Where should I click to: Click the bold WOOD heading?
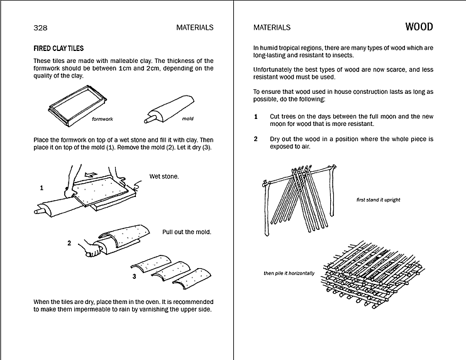pos(419,27)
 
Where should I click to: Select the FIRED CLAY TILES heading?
pos(58,48)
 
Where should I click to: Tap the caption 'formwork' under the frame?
pos(102,118)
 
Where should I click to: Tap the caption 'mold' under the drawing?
pos(188,118)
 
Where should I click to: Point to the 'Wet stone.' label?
pos(164,176)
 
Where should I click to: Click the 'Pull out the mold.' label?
pos(187,232)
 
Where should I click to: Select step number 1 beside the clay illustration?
pos(42,188)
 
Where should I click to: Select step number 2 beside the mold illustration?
pos(69,242)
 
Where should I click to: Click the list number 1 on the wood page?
pos(256,117)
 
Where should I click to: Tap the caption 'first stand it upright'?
pos(378,200)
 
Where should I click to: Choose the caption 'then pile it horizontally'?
pos(289,273)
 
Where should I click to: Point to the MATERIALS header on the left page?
pos(196,28)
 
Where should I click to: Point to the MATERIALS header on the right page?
pos(272,28)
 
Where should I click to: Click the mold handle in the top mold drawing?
pos(150,116)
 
